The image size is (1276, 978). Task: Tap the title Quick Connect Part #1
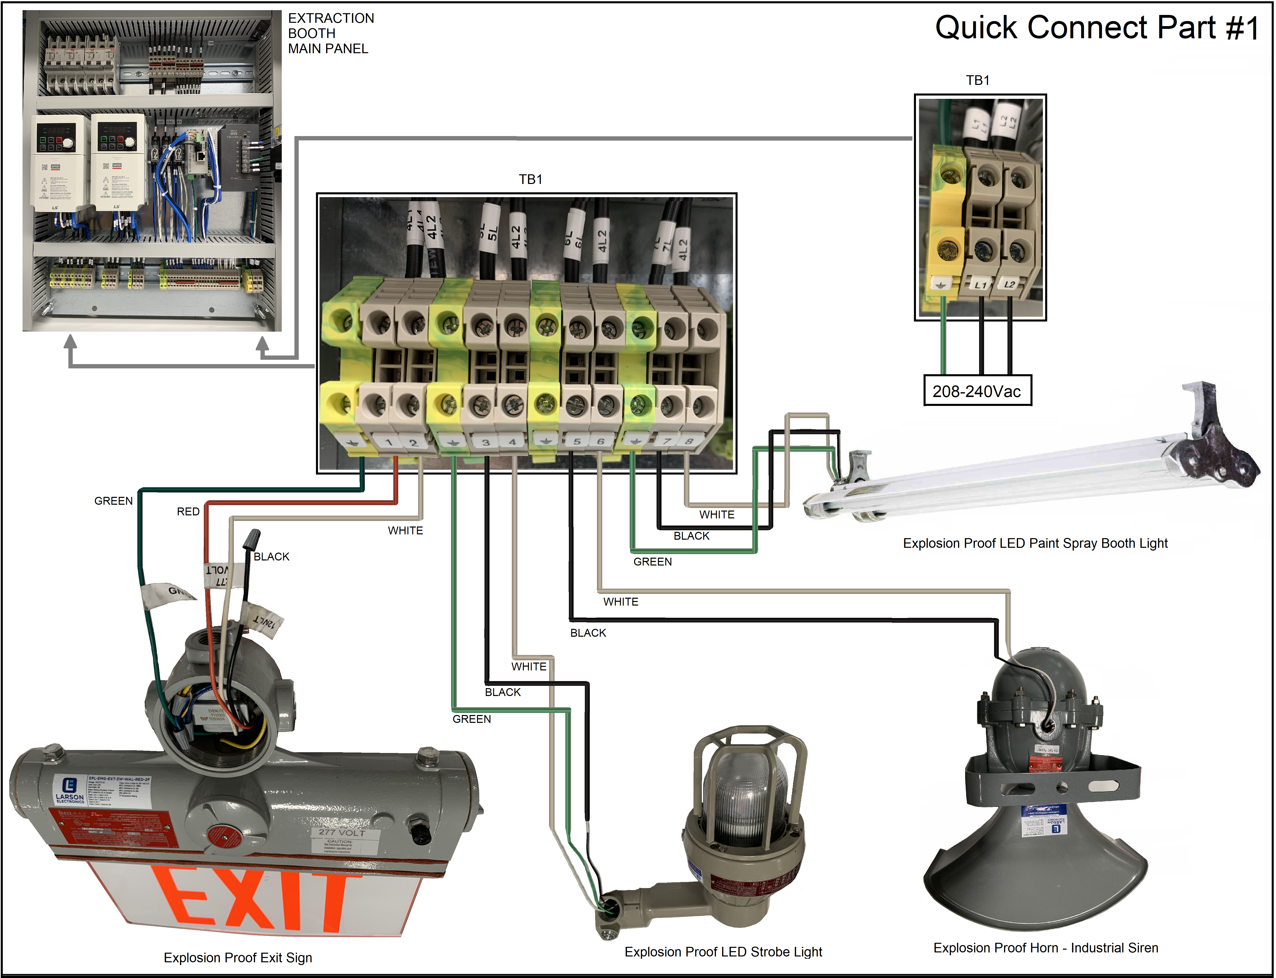point(1097,28)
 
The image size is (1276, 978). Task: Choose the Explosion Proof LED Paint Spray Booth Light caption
point(1035,543)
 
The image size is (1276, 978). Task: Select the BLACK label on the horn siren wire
point(588,633)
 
